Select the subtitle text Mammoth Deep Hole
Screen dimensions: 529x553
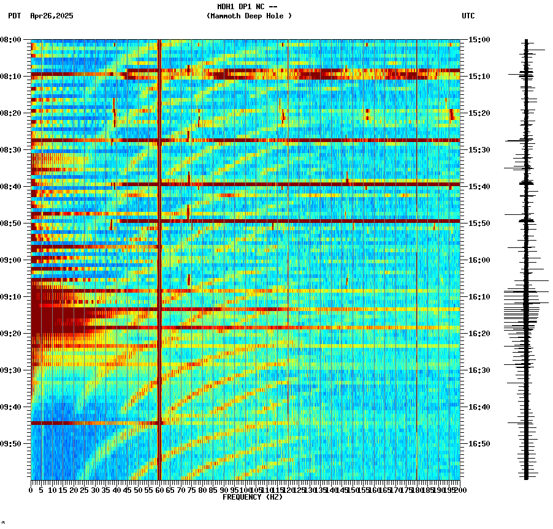coord(249,16)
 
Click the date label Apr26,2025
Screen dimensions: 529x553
coord(51,16)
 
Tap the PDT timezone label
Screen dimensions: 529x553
coord(15,16)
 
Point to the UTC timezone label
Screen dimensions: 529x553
coord(468,16)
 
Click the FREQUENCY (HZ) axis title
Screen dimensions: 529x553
coord(252,497)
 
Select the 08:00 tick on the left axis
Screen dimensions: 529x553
coord(11,40)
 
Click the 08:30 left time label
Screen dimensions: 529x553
coord(11,150)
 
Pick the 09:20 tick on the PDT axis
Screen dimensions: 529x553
coord(11,334)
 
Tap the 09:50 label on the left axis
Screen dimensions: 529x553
coord(11,444)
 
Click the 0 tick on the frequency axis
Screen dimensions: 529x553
coord(31,490)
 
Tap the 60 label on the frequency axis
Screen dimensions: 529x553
coord(159,490)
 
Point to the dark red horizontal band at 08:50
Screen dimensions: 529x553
coord(288,220)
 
